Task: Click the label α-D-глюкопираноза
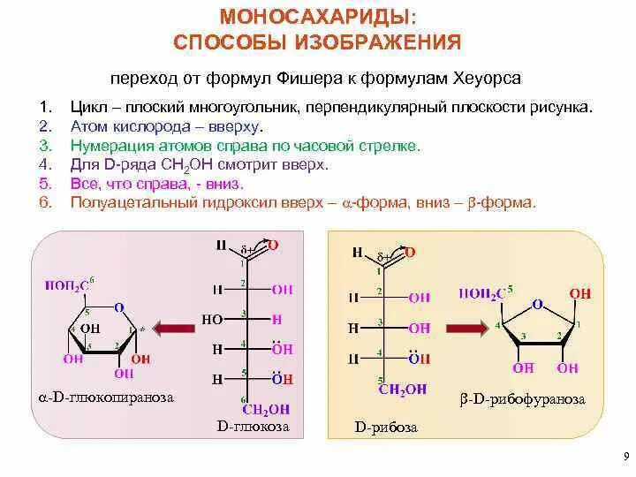[105, 397]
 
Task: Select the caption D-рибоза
[386, 428]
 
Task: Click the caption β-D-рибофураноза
[522, 399]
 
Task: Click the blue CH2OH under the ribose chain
[402, 388]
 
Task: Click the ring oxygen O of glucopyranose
[118, 308]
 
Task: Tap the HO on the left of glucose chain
[212, 319]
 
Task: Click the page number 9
[624, 457]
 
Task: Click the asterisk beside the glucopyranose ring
[141, 329]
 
